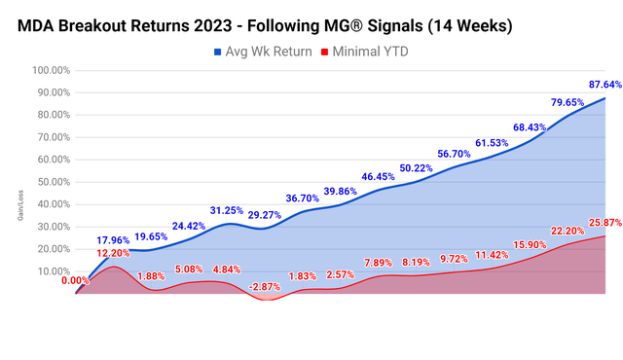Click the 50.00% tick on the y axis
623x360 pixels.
pyautogui.click(x=51, y=182)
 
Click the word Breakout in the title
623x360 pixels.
pyautogui.click(x=114, y=21)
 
